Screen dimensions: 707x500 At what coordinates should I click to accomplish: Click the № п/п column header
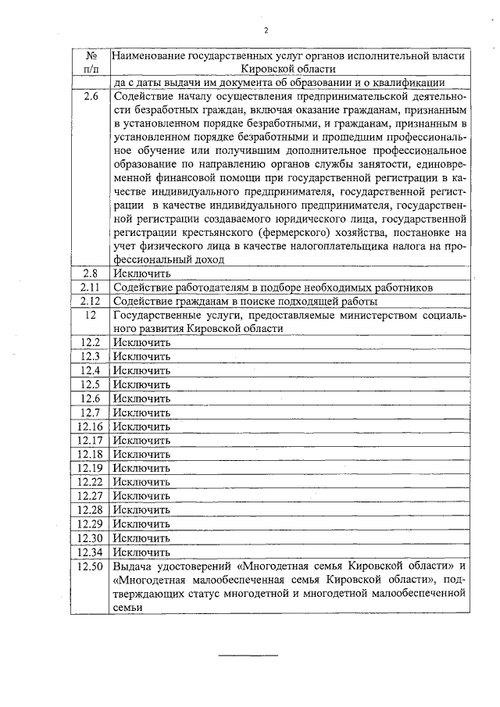(x=91, y=62)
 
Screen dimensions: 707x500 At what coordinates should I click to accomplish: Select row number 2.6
(x=91, y=98)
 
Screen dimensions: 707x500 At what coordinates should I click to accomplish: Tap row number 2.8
(x=91, y=273)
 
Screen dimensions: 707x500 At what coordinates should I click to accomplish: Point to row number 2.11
(x=91, y=287)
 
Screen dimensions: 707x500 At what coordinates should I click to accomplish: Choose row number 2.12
(x=91, y=301)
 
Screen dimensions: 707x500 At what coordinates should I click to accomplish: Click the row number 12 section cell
(x=91, y=315)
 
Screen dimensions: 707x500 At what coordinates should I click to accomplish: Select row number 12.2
(x=91, y=343)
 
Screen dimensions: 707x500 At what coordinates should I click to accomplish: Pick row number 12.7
(x=91, y=412)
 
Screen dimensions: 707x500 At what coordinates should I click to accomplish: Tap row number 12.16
(x=91, y=427)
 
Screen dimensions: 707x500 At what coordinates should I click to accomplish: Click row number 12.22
(x=91, y=482)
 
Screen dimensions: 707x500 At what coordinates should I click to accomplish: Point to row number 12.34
(x=91, y=552)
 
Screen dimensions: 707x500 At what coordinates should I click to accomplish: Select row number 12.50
(x=91, y=566)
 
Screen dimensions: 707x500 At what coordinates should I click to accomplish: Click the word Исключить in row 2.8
(x=141, y=273)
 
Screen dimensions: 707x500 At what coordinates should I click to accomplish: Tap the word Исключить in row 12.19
(x=141, y=468)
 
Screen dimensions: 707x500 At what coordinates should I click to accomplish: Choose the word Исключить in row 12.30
(x=141, y=538)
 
